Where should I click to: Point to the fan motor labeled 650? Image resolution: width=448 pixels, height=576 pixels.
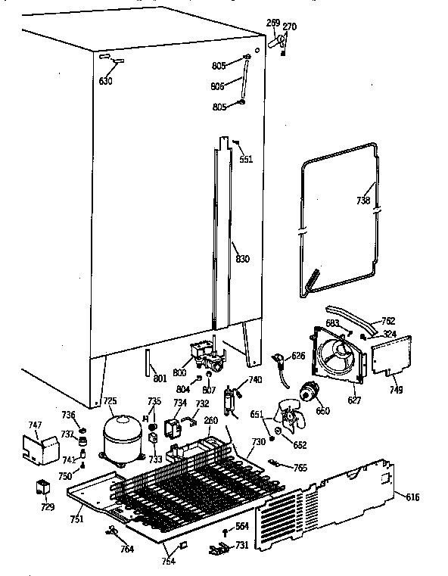307,392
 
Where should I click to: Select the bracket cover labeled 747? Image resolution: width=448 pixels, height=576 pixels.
42,450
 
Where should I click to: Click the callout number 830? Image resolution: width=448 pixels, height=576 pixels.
241,260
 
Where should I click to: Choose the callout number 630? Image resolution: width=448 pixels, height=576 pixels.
105,81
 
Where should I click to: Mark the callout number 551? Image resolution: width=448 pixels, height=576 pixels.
246,159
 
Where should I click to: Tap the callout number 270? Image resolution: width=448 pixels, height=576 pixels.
289,26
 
